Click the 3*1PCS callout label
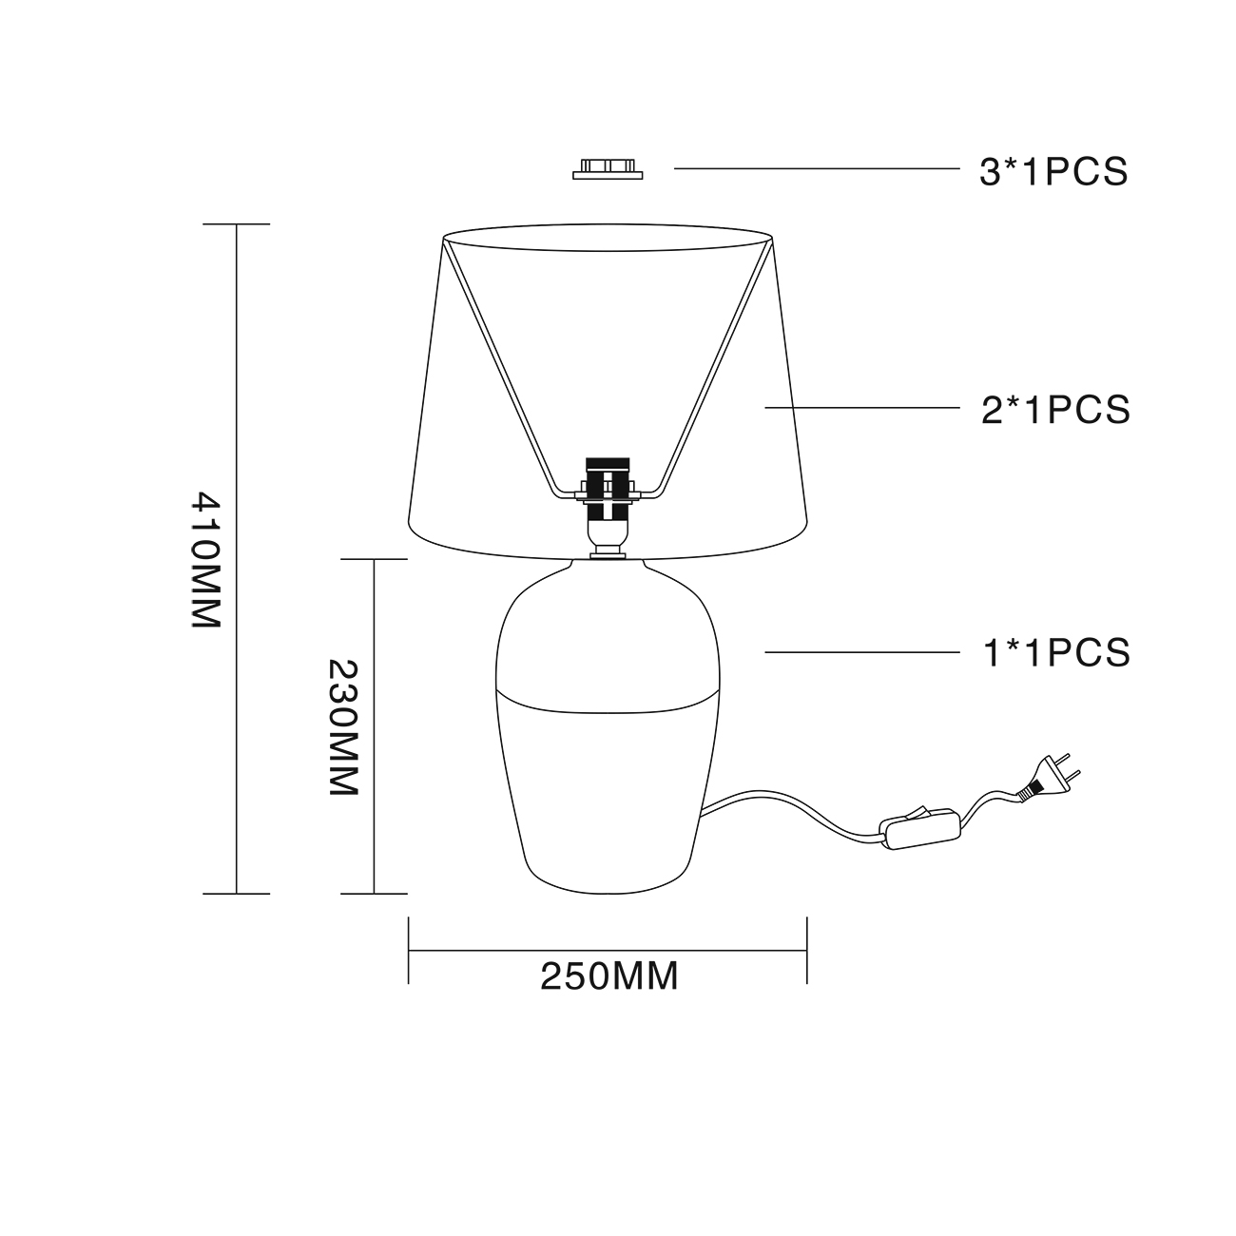[1053, 172]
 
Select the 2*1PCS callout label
[1055, 410]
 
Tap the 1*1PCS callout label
[1056, 653]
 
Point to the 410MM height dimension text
[206, 559]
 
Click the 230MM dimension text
[343, 727]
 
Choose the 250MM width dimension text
[608, 976]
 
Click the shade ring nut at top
[608, 169]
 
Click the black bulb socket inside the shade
[608, 489]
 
